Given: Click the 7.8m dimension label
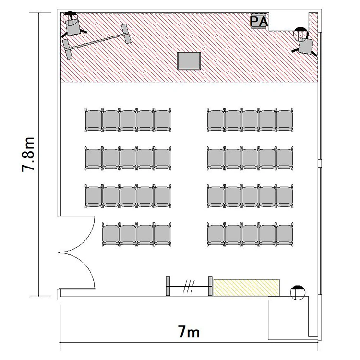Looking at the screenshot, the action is pos(28,155).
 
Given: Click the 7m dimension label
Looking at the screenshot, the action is pos(189,332).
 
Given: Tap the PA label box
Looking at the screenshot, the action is pos(259,21).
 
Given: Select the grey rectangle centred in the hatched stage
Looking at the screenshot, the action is pos(189,61).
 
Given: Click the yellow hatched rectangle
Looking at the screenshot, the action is pos(247,288).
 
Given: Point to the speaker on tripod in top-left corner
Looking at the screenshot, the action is pos(72,25).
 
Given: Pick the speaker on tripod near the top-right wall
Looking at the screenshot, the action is pos(304,42).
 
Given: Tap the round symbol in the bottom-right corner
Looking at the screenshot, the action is pos(298,292).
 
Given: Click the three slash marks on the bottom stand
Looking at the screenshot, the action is pos(189,286).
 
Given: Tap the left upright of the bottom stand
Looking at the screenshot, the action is pos(168,286).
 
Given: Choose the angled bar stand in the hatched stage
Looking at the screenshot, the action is pos(96,41).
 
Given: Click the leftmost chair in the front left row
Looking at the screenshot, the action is pos(94,120).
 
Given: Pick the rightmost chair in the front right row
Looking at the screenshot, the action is pos(285,120).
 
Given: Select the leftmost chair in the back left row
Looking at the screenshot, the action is pos(111,234).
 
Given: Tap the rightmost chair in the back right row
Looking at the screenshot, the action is pos(285,234).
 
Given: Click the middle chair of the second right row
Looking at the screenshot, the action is pos(250,158).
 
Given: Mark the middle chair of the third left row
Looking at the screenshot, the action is pos(128,196).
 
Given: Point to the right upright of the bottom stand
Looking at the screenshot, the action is pos(210,286).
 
